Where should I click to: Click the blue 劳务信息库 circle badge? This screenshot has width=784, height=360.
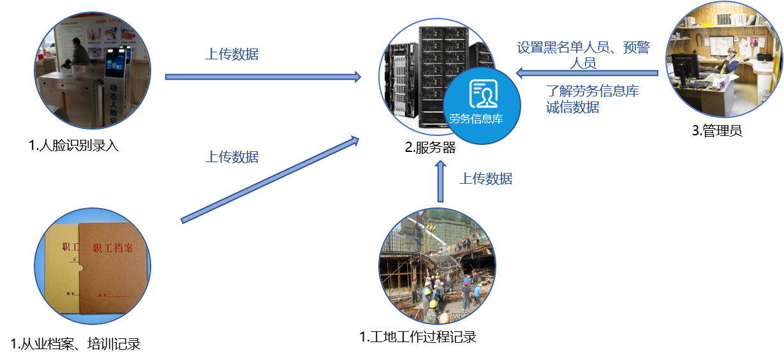coord(482,105)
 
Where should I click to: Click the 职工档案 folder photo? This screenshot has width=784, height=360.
coord(92,266)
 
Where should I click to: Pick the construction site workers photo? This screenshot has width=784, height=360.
coord(437,266)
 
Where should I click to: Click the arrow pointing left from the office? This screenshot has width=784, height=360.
coord(586,73)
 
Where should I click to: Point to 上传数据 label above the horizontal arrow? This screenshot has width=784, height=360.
coord(232,54)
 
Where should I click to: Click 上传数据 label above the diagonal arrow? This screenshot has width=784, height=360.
coord(232,157)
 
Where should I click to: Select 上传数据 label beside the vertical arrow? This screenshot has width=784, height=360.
coord(485,179)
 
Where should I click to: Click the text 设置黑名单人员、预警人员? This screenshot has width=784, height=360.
coord(583,54)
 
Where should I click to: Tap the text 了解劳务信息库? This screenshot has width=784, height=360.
coord(593,91)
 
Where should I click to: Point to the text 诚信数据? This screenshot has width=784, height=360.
coord(572,107)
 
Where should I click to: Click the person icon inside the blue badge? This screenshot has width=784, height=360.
coord(482,95)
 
